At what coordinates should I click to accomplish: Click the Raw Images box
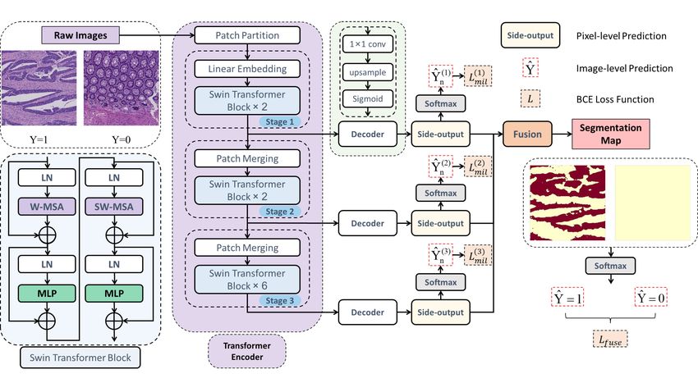pyautogui.click(x=80, y=35)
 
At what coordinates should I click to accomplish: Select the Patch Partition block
pyautogui.click(x=247, y=35)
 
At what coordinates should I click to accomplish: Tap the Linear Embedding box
pyautogui.click(x=247, y=69)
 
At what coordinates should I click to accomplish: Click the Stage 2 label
pyautogui.click(x=279, y=212)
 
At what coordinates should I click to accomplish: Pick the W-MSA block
pyautogui.click(x=47, y=206)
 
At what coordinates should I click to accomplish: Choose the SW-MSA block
pyautogui.click(x=114, y=206)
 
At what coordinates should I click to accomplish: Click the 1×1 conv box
pyautogui.click(x=368, y=44)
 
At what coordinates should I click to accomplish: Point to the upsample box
pyautogui.click(x=368, y=72)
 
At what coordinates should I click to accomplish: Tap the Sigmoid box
pyautogui.click(x=368, y=98)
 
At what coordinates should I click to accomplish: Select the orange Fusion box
pyautogui.click(x=527, y=134)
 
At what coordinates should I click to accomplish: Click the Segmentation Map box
pyautogui.click(x=611, y=134)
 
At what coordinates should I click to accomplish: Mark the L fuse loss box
pyautogui.click(x=610, y=340)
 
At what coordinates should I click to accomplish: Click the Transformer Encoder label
pyautogui.click(x=247, y=351)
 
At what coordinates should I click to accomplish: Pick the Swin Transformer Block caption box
pyautogui.click(x=80, y=358)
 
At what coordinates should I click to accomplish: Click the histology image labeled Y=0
pyautogui.click(x=121, y=88)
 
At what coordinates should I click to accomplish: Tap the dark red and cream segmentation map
pyautogui.click(x=567, y=203)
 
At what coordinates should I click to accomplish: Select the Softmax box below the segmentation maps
pyautogui.click(x=610, y=266)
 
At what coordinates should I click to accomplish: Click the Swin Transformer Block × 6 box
pyautogui.click(x=247, y=280)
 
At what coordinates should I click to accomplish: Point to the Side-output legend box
pyautogui.click(x=530, y=35)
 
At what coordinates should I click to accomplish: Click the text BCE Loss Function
pyautogui.click(x=615, y=99)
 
